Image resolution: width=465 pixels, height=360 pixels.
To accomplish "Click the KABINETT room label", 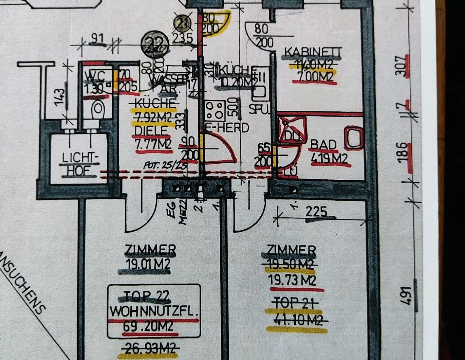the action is click(x=313, y=52).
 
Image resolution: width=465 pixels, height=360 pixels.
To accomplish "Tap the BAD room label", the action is click(x=323, y=145).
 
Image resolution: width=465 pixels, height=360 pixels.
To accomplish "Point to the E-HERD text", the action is click(x=228, y=128).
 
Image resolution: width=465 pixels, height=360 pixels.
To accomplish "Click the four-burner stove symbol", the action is click(x=215, y=110).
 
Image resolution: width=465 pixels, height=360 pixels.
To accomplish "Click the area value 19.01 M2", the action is click(x=147, y=264).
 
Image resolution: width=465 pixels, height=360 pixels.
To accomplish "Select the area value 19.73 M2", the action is click(x=292, y=280).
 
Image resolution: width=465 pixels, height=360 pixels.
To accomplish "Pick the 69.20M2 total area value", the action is click(x=148, y=326).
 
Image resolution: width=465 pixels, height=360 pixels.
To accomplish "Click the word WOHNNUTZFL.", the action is click(x=154, y=311).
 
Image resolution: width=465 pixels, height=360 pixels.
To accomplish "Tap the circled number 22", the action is click(x=155, y=43).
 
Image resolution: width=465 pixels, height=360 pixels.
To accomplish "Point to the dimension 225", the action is click(x=316, y=212).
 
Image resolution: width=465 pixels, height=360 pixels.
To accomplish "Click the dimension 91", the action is click(x=97, y=39).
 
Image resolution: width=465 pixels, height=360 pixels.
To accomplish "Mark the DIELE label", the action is click(x=151, y=130).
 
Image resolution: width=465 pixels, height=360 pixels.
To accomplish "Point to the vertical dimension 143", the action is click(x=59, y=97).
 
